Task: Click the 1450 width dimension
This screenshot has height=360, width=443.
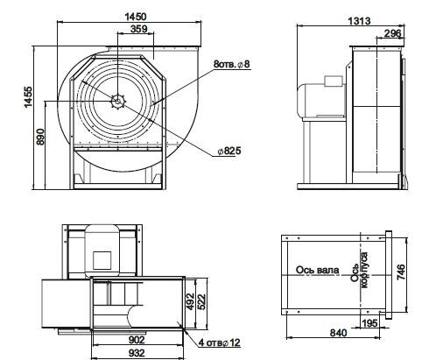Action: click(x=136, y=17)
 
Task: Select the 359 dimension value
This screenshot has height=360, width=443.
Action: click(x=138, y=29)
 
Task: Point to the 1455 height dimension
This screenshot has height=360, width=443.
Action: click(x=29, y=97)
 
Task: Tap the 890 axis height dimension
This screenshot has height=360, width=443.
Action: click(x=40, y=137)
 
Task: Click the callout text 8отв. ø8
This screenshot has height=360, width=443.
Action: click(x=232, y=64)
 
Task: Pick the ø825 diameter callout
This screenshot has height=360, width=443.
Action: click(x=229, y=151)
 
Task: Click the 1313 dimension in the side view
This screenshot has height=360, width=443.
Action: click(x=359, y=21)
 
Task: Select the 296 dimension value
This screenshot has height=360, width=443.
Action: click(x=392, y=34)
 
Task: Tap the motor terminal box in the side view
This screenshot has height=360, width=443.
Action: click(x=334, y=81)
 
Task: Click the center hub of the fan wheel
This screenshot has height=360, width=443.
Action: click(x=118, y=102)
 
